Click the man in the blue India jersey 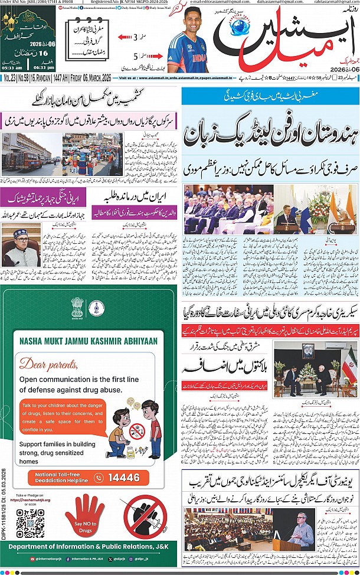click(x=186, y=47)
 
